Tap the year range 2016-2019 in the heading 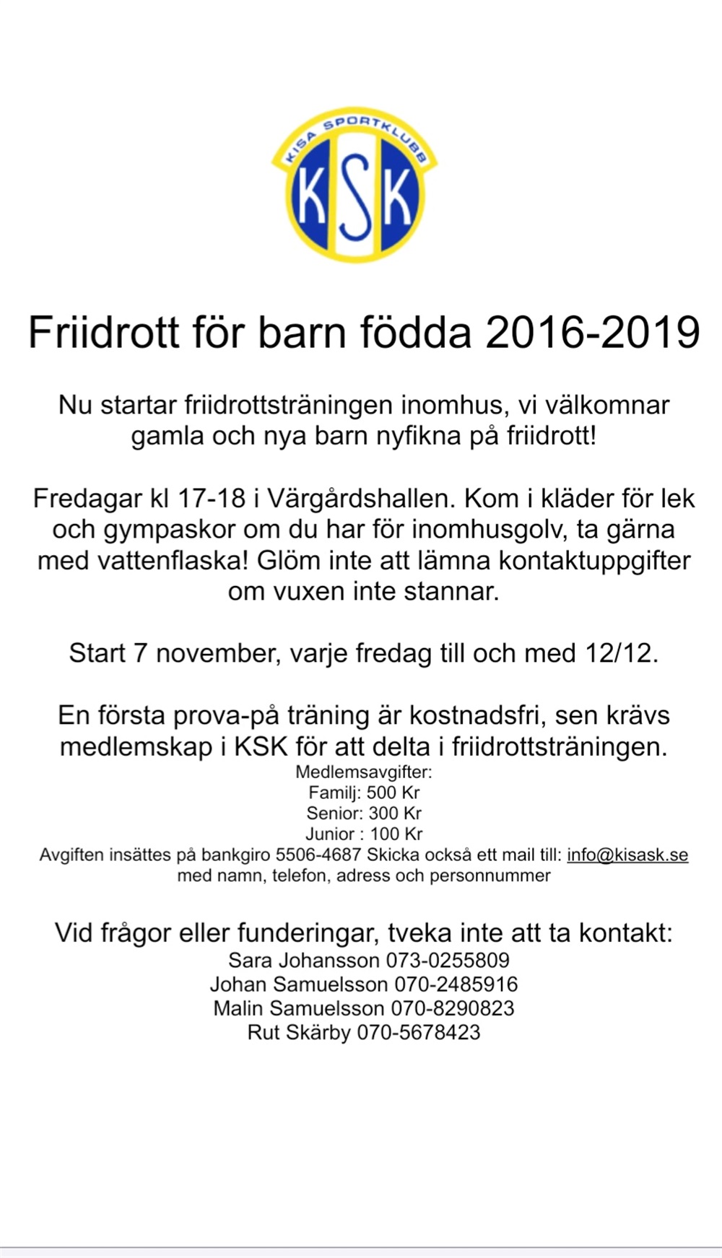pos(593,333)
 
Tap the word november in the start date pos(215,653)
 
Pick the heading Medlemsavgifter pos(364,772)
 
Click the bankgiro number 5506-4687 pos(318,855)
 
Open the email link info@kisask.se pos(627,855)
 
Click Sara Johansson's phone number pos(448,961)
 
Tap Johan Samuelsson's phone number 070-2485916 pos(456,984)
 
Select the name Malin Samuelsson pos(298,1008)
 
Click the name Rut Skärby pos(299,1032)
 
